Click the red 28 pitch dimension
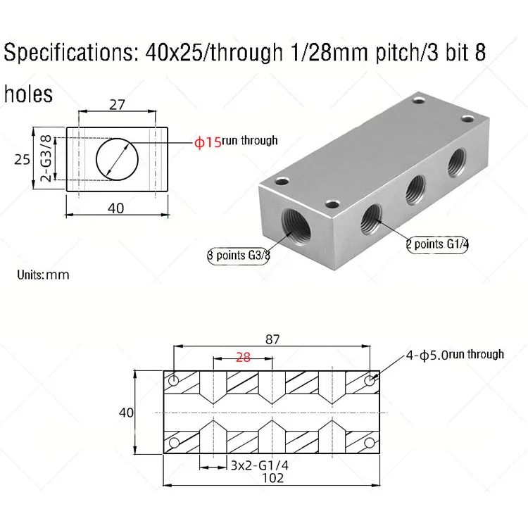pos(243,357)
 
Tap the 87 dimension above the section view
pos(272,339)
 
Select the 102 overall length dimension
pos(272,478)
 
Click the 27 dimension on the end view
pos(117,105)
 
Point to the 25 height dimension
pos(23,159)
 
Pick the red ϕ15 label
pos(208,142)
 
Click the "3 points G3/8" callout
pos(239,256)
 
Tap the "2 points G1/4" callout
pos(437,244)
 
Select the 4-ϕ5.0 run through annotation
pos(455,355)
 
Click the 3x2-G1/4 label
pos(260,465)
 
